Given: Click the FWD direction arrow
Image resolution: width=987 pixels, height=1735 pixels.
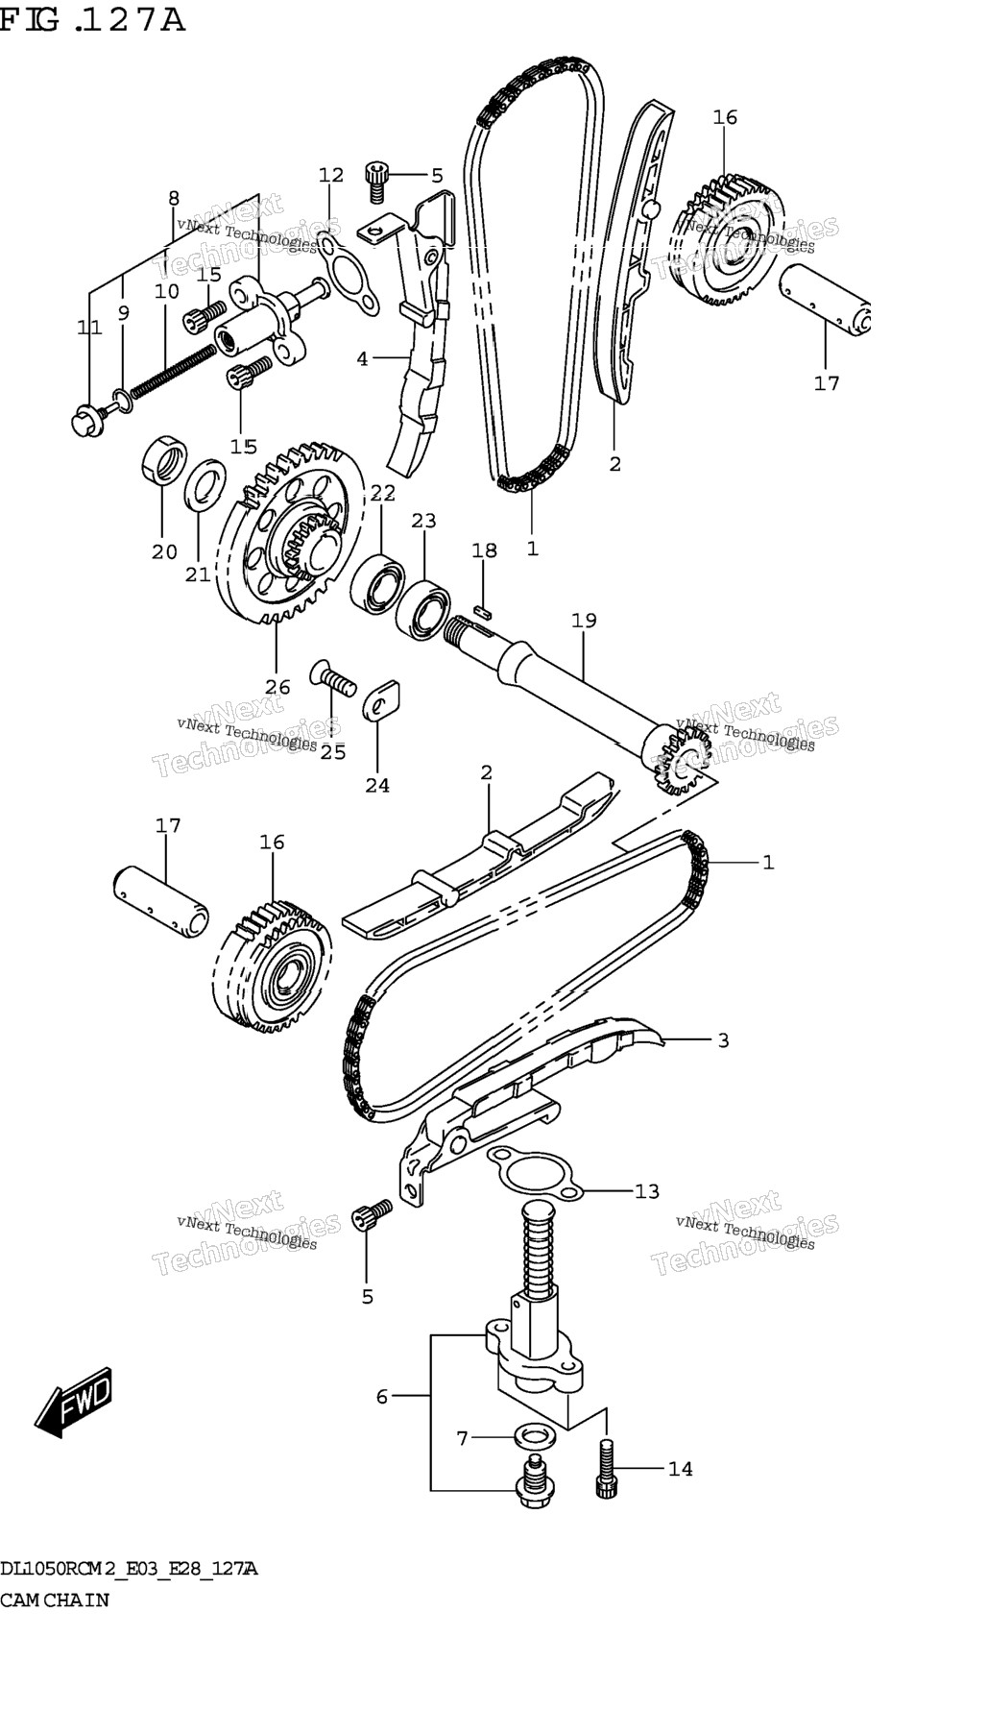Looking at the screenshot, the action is (74, 1404).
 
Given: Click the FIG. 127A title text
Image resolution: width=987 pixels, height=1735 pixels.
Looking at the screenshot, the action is (92, 19).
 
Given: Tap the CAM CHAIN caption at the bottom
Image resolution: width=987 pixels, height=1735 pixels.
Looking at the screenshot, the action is (55, 1601).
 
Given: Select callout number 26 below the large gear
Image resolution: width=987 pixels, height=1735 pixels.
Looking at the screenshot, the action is (277, 686).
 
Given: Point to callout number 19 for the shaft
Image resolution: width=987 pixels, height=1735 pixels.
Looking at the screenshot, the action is (584, 621).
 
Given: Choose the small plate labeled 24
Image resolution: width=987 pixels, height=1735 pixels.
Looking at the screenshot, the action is (381, 697).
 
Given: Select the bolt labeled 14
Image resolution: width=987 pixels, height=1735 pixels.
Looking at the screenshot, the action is (605, 1467).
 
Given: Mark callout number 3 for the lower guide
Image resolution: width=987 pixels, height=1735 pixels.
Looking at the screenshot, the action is (723, 1040).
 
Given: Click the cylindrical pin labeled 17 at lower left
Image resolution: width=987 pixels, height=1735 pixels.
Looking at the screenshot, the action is (161, 899).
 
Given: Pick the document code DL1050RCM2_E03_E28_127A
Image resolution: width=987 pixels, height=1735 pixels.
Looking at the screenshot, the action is (129, 1570).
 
